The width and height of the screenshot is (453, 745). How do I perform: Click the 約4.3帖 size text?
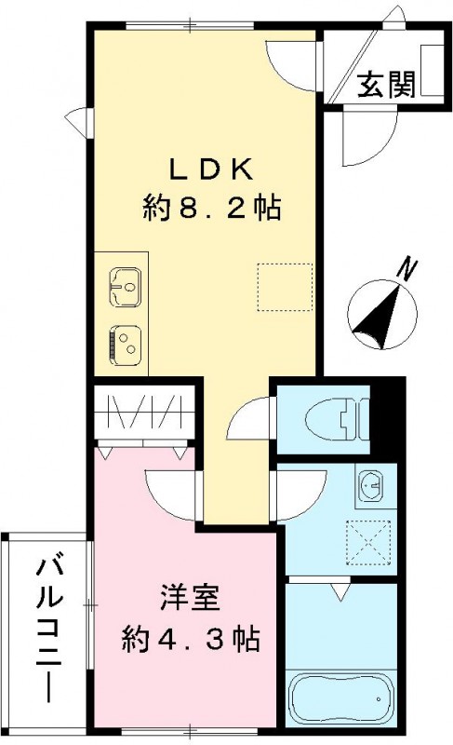click(x=191, y=640)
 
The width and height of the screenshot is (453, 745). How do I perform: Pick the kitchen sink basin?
click(x=125, y=285)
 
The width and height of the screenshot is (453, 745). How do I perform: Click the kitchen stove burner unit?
click(x=125, y=344)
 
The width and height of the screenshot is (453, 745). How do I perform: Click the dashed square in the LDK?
click(x=285, y=288)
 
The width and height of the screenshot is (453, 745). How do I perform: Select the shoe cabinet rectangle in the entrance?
click(x=430, y=70)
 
